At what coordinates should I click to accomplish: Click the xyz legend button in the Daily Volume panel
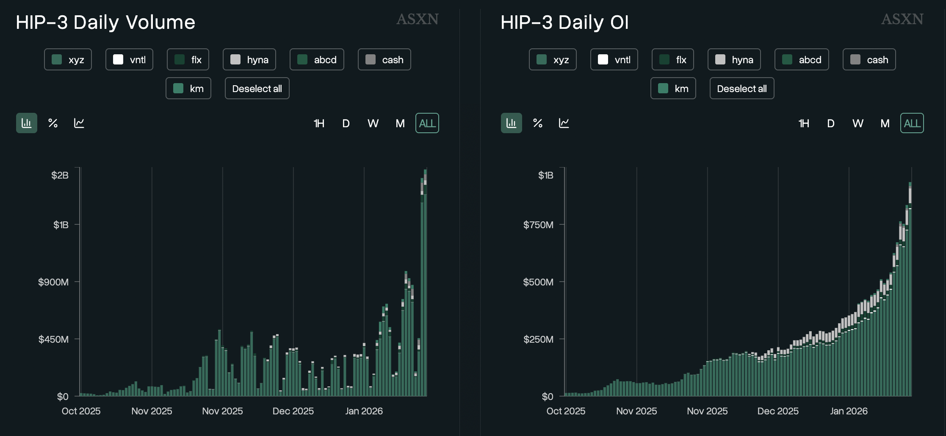point(68,59)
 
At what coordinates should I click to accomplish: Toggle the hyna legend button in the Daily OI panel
point(734,59)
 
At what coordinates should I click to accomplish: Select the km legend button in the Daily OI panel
point(673,88)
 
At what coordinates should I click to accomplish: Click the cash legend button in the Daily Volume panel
point(384,59)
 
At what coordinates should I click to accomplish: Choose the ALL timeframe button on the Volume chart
point(427,123)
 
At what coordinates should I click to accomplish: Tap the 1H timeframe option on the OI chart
point(803,123)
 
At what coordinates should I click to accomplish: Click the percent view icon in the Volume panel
point(53,123)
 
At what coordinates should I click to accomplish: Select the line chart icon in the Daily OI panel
point(564,123)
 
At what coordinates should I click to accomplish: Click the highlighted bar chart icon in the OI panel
point(511,123)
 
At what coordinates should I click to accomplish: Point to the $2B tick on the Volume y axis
point(60,175)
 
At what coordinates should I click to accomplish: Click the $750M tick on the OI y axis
point(538,225)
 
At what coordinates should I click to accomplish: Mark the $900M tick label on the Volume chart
point(53,282)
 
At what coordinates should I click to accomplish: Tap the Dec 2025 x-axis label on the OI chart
point(777,411)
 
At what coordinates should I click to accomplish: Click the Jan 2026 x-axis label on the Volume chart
point(364,411)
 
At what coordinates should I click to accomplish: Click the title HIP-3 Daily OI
point(564,22)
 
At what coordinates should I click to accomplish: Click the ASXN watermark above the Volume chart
point(417,19)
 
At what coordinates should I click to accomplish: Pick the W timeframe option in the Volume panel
point(373,123)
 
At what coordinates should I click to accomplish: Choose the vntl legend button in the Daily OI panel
point(614,59)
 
